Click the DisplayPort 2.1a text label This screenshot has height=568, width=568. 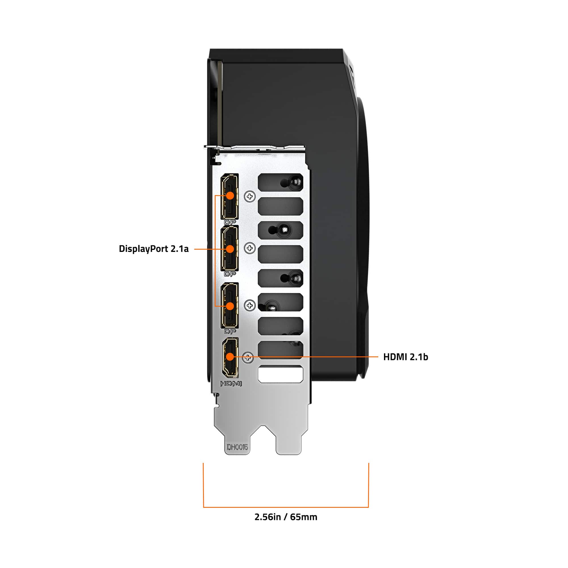pyautogui.click(x=153, y=249)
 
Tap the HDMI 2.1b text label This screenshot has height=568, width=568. pyautogui.click(x=406, y=357)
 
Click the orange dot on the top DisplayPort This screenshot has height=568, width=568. pyautogui.click(x=230, y=195)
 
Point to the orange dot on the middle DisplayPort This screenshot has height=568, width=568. pyautogui.click(x=230, y=249)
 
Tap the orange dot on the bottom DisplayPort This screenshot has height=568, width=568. pyautogui.click(x=230, y=306)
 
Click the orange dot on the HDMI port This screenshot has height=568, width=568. pyautogui.click(x=230, y=357)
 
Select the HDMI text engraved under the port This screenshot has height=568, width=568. pyautogui.click(x=231, y=384)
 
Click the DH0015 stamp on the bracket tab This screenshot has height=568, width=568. pyautogui.click(x=237, y=447)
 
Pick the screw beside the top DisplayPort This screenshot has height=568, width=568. pyautogui.click(x=250, y=197)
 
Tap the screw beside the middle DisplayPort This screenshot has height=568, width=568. pyautogui.click(x=250, y=248)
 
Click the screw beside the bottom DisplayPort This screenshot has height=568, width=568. pyautogui.click(x=250, y=306)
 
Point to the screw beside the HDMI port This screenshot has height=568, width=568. pyautogui.click(x=248, y=358)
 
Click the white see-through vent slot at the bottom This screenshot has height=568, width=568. pyautogui.click(x=280, y=374)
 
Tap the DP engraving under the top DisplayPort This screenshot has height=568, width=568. pyautogui.click(x=230, y=222)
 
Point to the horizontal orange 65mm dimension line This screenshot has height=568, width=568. pyautogui.click(x=286, y=507)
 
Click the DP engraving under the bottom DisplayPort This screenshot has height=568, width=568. pyautogui.click(x=230, y=332)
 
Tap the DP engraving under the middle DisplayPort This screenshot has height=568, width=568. pyautogui.click(x=230, y=274)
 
